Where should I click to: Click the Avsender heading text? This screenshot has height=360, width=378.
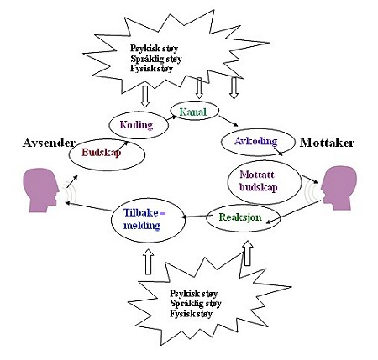(x=49, y=143)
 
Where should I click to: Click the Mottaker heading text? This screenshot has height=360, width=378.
(x=327, y=143)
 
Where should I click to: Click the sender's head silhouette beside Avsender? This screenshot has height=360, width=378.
(x=41, y=190)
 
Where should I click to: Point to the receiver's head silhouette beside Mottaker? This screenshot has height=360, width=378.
(x=339, y=188)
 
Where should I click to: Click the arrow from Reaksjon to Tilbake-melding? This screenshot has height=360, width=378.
(x=196, y=217)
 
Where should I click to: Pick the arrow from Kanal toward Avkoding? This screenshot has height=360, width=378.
(x=228, y=121)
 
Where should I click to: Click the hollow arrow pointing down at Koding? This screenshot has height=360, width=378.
(x=144, y=97)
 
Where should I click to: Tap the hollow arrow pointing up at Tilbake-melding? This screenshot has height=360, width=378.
(x=149, y=262)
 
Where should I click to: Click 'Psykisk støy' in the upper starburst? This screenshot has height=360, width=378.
(x=154, y=49)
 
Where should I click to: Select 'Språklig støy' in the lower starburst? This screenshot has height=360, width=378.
(x=196, y=304)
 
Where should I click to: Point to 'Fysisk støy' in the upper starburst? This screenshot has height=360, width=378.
(x=151, y=69)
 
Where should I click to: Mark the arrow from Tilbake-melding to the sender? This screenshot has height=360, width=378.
(x=88, y=206)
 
